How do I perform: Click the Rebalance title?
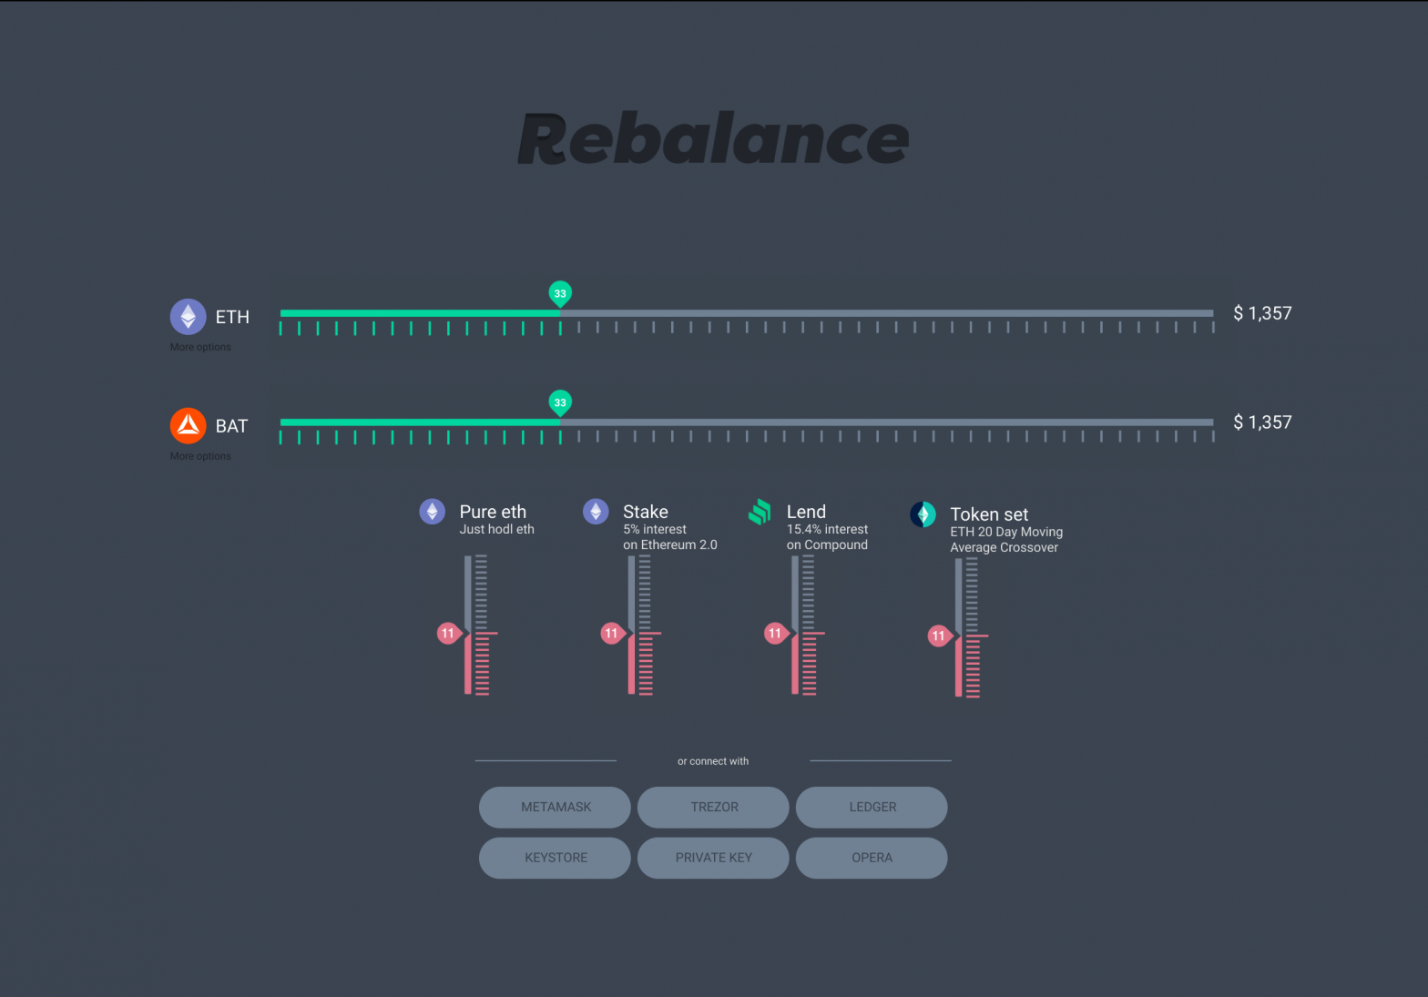coord(713,138)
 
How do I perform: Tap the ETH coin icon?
coord(189,317)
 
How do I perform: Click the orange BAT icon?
coord(189,425)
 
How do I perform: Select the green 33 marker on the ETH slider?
coord(560,293)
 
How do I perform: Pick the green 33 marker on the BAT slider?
coord(560,402)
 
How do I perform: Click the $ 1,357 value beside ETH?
coord(1262,314)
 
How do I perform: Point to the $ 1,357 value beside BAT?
coord(1262,422)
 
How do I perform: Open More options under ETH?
coord(200,347)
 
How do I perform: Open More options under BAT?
coord(200,456)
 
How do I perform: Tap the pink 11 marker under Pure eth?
coord(448,633)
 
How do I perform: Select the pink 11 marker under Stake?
coord(612,633)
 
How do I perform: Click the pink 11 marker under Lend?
coord(775,633)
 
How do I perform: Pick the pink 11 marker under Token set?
coord(939,636)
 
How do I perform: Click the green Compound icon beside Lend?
coord(760,512)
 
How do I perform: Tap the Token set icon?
coord(923,514)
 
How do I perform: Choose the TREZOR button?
coord(713,808)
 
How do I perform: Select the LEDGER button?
coord(872,808)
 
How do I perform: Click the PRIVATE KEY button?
coord(713,858)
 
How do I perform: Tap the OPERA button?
coord(872,858)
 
